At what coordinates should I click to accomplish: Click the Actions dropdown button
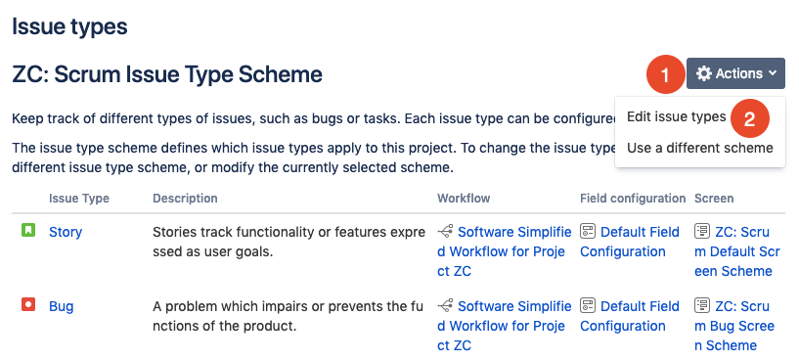pos(735,73)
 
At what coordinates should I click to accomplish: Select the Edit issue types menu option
pos(676,116)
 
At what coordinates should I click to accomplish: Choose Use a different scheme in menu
pos(699,148)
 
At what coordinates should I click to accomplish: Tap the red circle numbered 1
pos(665,74)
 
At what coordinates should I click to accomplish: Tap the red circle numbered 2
pos(749,118)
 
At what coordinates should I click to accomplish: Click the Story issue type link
pos(66,232)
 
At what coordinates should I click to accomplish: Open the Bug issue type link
pos(62,306)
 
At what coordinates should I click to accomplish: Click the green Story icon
pos(28,231)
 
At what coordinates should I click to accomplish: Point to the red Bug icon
pos(28,305)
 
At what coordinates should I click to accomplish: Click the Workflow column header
pos(464,199)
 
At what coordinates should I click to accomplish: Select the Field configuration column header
pos(633,199)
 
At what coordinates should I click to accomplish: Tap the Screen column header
pos(714,199)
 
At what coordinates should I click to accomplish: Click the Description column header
pos(185,199)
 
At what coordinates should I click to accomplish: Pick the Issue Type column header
pos(79,199)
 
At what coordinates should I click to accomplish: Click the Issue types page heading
pos(69,26)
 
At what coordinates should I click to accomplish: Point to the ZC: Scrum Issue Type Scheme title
pos(167,74)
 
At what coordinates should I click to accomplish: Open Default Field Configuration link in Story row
pos(630,242)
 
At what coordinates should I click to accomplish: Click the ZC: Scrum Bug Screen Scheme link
pos(734,326)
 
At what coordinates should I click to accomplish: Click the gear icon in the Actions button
pos(704,73)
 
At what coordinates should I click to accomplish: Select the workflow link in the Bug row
pos(505,326)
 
